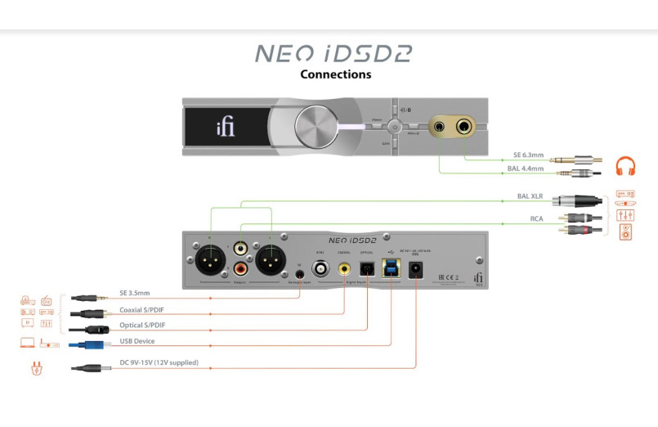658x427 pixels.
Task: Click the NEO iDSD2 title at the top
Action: [333, 54]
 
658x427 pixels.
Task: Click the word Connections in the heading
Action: [335, 74]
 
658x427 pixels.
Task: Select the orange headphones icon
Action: [625, 166]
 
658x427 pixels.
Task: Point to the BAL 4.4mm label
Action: [525, 168]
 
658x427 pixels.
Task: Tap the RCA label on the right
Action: [535, 218]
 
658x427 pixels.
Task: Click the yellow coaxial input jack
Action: [344, 267]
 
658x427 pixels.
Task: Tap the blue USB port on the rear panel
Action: [392, 267]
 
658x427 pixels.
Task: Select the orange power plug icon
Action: [36, 368]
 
